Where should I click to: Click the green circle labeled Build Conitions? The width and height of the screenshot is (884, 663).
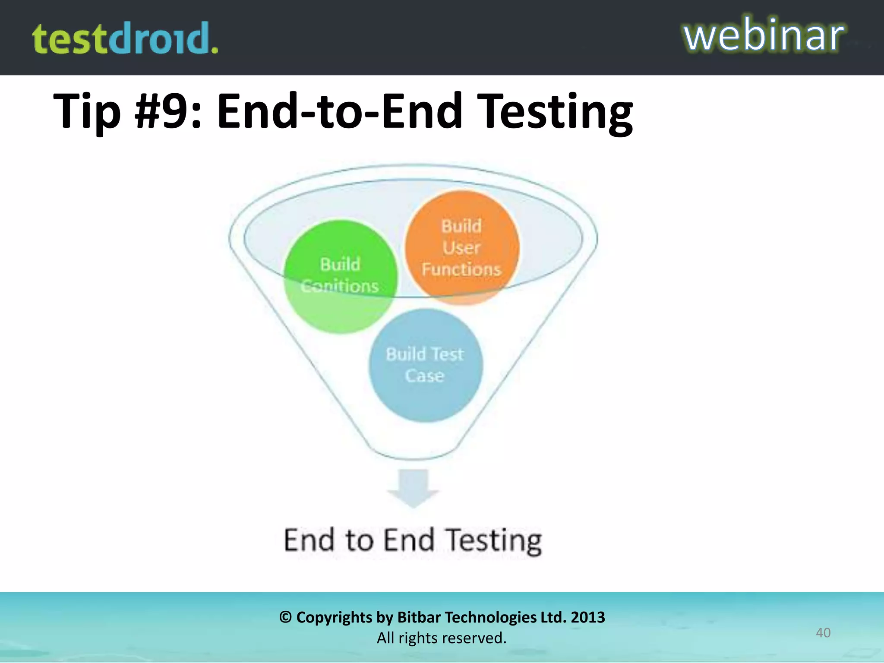[341, 277]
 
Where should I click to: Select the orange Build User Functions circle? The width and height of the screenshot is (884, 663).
[461, 247]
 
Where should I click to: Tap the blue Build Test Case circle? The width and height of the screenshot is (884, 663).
[426, 365]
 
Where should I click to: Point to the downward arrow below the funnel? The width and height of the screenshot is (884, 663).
[413, 488]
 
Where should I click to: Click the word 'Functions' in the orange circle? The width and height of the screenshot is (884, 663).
[461, 270]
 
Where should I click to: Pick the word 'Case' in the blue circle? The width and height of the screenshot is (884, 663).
[425, 376]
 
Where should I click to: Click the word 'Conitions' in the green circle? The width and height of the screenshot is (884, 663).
[340, 286]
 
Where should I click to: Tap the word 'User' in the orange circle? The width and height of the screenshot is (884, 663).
[461, 248]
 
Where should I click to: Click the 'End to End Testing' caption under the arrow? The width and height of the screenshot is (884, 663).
[413, 540]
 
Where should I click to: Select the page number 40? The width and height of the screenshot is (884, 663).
[823, 633]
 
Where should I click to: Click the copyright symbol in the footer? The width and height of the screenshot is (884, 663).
[285, 617]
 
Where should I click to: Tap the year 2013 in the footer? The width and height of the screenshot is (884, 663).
[587, 617]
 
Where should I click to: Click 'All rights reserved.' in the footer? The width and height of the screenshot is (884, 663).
[442, 638]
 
